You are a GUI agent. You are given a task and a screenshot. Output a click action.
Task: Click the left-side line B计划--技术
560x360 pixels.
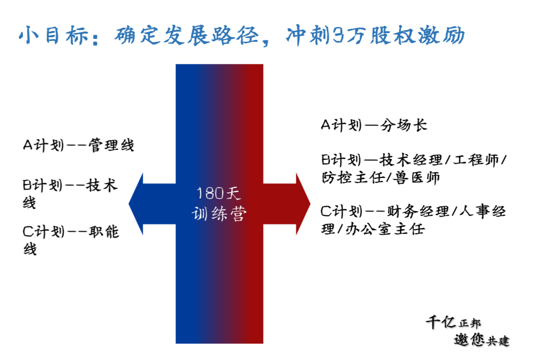pos(71,185)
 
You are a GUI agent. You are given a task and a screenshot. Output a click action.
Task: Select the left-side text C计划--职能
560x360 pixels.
pos(71,231)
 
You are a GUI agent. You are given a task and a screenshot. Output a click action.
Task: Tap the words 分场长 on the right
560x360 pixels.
pos(404,125)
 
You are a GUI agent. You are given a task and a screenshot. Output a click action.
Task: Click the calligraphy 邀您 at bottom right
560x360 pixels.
pos(469,340)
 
